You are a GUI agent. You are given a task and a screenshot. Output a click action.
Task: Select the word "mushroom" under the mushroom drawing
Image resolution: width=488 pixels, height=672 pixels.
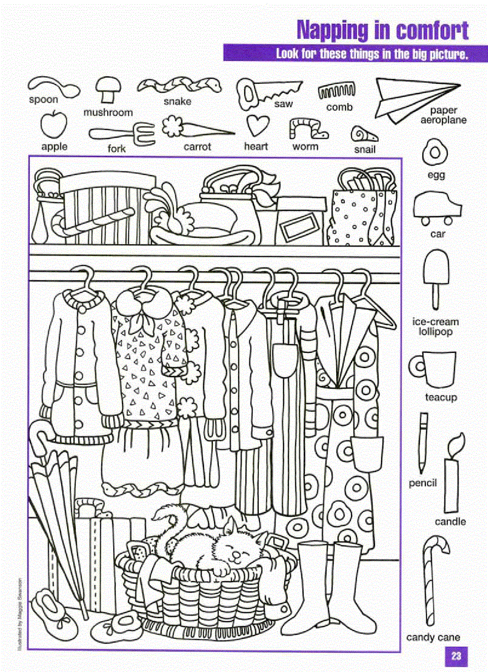click(108, 112)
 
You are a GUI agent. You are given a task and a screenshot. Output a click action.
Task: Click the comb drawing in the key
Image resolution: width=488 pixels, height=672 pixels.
click(337, 92)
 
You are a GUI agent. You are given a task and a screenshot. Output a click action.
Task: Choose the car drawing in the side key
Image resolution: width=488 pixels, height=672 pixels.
click(437, 207)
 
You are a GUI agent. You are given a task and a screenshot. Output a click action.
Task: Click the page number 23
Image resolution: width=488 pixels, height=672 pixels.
click(456, 656)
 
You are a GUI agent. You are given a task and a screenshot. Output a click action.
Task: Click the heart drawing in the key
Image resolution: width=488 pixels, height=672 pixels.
click(257, 126)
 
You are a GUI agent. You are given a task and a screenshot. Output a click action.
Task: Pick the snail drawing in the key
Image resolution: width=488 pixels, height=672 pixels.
click(364, 133)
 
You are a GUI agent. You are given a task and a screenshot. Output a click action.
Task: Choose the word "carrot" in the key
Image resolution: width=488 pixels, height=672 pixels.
click(197, 147)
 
